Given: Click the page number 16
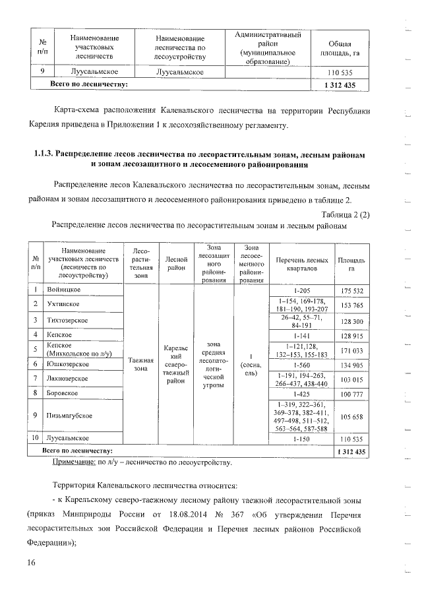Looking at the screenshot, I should tap(30, 562).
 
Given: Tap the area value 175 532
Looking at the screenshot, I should tap(352, 291).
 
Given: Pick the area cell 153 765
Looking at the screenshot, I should tap(352, 305).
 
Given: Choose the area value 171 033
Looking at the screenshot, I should tap(352, 350).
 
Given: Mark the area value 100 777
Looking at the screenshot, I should tap(352, 394).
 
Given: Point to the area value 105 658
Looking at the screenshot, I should tap(352, 416).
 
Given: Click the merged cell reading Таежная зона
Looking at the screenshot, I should tap(142, 364).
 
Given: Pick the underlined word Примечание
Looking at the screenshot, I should tap(74, 464).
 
